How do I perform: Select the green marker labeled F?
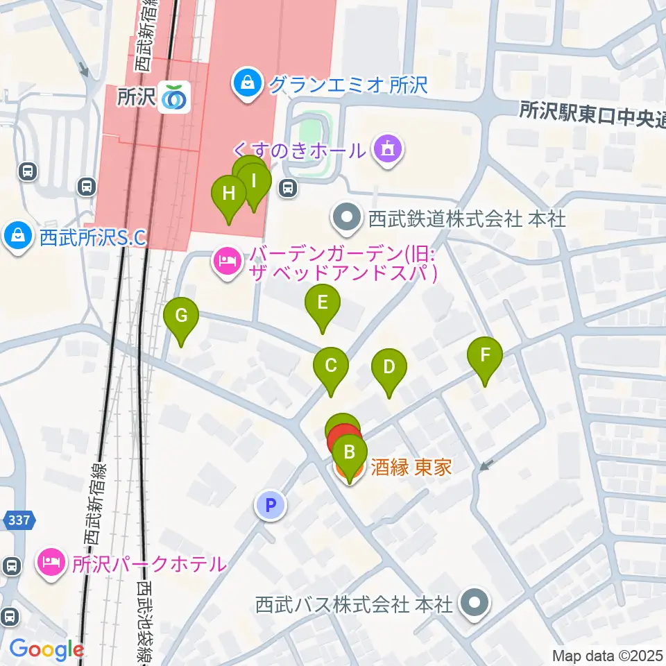(485, 357)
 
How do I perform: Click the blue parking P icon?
(271, 505)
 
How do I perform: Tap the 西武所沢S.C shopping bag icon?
(17, 237)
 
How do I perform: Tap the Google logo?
(46, 649)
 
